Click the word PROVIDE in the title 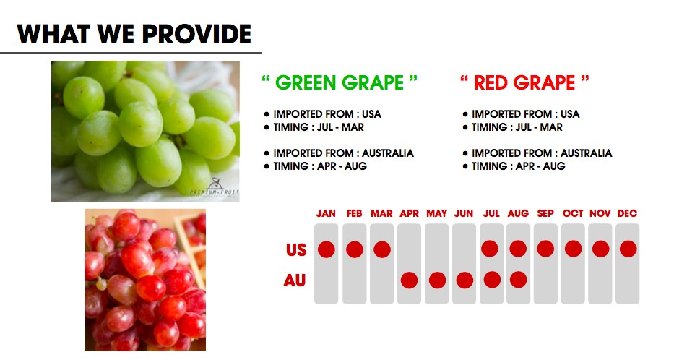197,34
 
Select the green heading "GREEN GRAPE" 340,82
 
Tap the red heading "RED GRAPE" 524,82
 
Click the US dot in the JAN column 327,249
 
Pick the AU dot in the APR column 409,280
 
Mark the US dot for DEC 628,249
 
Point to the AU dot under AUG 519,280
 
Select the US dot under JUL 490,249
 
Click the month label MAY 437,213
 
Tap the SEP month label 545,213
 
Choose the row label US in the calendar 296,250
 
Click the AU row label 295,281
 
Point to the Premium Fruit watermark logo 214,187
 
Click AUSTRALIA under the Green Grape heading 388,153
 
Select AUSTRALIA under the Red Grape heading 587,153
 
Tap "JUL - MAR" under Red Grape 539,127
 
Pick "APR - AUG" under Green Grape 342,166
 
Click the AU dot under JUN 465,280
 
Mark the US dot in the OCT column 573,249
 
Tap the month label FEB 354,213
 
